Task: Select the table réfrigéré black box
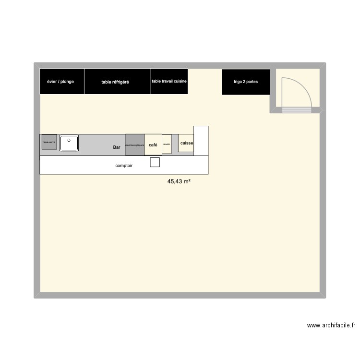(x=118, y=82)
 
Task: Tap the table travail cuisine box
(x=169, y=82)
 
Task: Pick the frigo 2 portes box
(x=245, y=82)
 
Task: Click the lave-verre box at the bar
(x=49, y=143)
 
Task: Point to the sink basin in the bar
(x=69, y=143)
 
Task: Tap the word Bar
(x=117, y=147)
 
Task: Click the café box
(x=153, y=144)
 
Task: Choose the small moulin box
(x=167, y=144)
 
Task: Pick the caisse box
(x=186, y=143)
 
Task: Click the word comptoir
(x=124, y=166)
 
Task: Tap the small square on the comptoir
(x=155, y=162)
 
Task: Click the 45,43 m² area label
(x=179, y=181)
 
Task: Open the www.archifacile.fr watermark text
(x=331, y=325)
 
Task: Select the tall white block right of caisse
(x=201, y=140)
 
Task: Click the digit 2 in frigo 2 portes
(x=245, y=82)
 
